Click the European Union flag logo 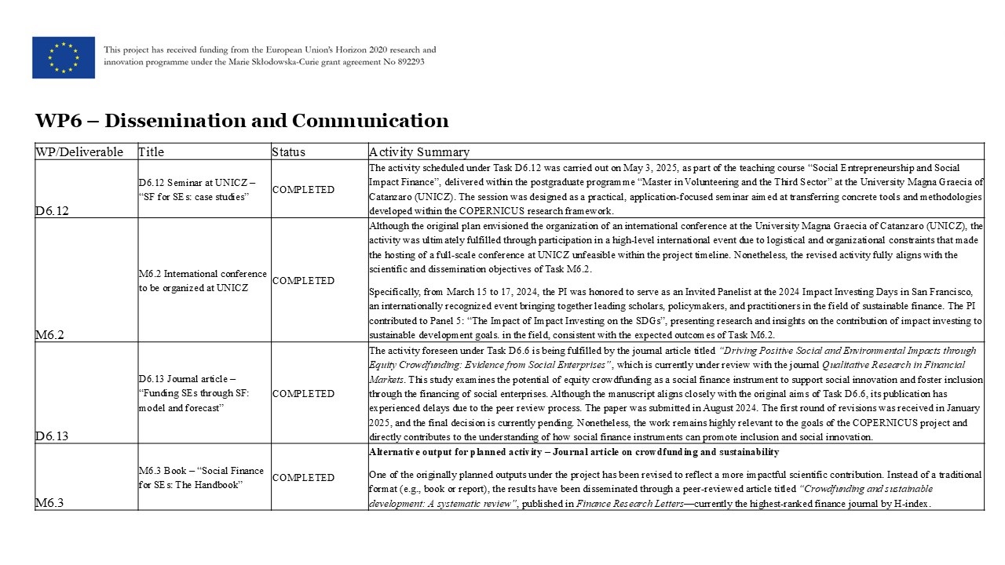tap(64, 57)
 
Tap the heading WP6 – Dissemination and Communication tap(242, 121)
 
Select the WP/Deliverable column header tap(79, 152)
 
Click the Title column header tap(152, 152)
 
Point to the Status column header tap(289, 152)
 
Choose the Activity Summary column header tap(419, 152)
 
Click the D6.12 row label tap(53, 211)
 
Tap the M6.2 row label tap(50, 335)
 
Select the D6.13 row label tap(53, 436)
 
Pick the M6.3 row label tap(50, 503)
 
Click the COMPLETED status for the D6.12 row tap(303, 190)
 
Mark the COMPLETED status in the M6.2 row tap(303, 281)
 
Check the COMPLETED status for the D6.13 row tap(303, 394)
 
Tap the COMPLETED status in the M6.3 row tap(303, 478)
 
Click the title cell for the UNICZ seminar tap(197, 189)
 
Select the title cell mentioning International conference tap(203, 281)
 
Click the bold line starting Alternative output tap(574, 452)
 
